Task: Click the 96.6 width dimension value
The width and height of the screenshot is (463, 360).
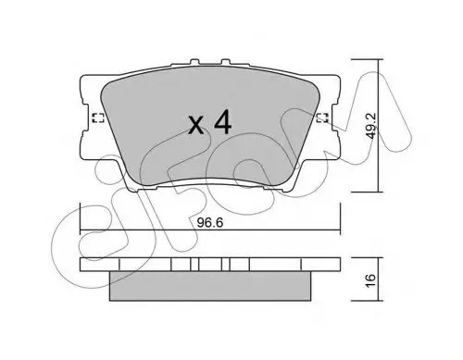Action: point(210,223)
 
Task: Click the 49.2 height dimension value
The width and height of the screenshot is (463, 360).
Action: point(371,126)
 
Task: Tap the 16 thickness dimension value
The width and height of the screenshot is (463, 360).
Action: point(371,280)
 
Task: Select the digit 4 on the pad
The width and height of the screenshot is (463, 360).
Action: point(223,122)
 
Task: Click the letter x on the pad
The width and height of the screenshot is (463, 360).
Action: point(196,126)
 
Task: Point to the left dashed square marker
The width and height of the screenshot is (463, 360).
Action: point(98,118)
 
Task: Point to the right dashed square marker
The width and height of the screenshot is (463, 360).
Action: point(322,118)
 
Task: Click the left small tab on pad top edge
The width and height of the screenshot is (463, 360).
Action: point(194,62)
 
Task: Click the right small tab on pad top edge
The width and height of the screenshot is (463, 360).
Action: point(226,62)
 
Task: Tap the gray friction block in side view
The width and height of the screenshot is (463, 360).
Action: point(210,286)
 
